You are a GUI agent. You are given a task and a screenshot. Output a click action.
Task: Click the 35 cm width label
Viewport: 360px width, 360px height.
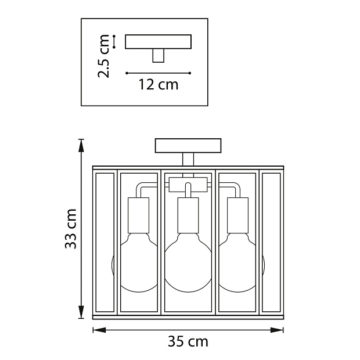188,341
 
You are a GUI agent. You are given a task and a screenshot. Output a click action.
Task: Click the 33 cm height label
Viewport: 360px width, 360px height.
71,229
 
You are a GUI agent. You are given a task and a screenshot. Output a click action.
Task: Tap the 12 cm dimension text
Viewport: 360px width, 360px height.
159,85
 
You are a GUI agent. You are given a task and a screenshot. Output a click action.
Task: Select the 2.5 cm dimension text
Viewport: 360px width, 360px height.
103,56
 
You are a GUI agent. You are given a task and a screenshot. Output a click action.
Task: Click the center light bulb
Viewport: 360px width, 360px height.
188,262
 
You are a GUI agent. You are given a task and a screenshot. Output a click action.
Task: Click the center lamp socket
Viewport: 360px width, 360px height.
188,215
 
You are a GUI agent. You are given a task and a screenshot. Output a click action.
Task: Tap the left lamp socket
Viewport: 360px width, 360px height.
138,215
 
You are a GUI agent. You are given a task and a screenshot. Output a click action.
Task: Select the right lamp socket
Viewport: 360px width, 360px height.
237,215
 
